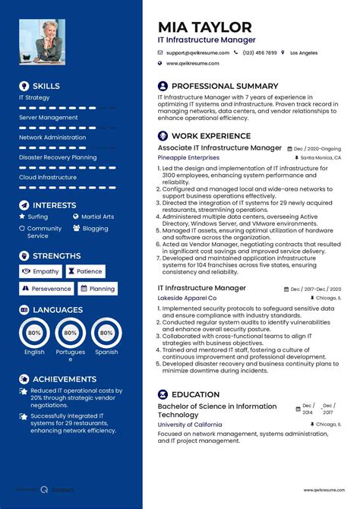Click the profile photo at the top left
[x=42, y=43]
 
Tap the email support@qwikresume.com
[x=197, y=52]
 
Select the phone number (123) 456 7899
[x=260, y=52]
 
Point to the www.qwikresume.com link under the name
[x=193, y=64]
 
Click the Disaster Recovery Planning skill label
[x=58, y=157]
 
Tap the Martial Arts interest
[x=97, y=217]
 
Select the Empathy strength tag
[x=41, y=271]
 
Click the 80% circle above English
[x=34, y=334]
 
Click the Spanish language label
[x=106, y=353]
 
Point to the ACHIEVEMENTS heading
[x=64, y=379]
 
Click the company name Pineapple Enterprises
[x=188, y=157]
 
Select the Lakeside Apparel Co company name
[x=187, y=299]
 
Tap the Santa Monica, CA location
[x=321, y=157]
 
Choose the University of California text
[x=190, y=425]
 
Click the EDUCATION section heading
[x=195, y=395]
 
